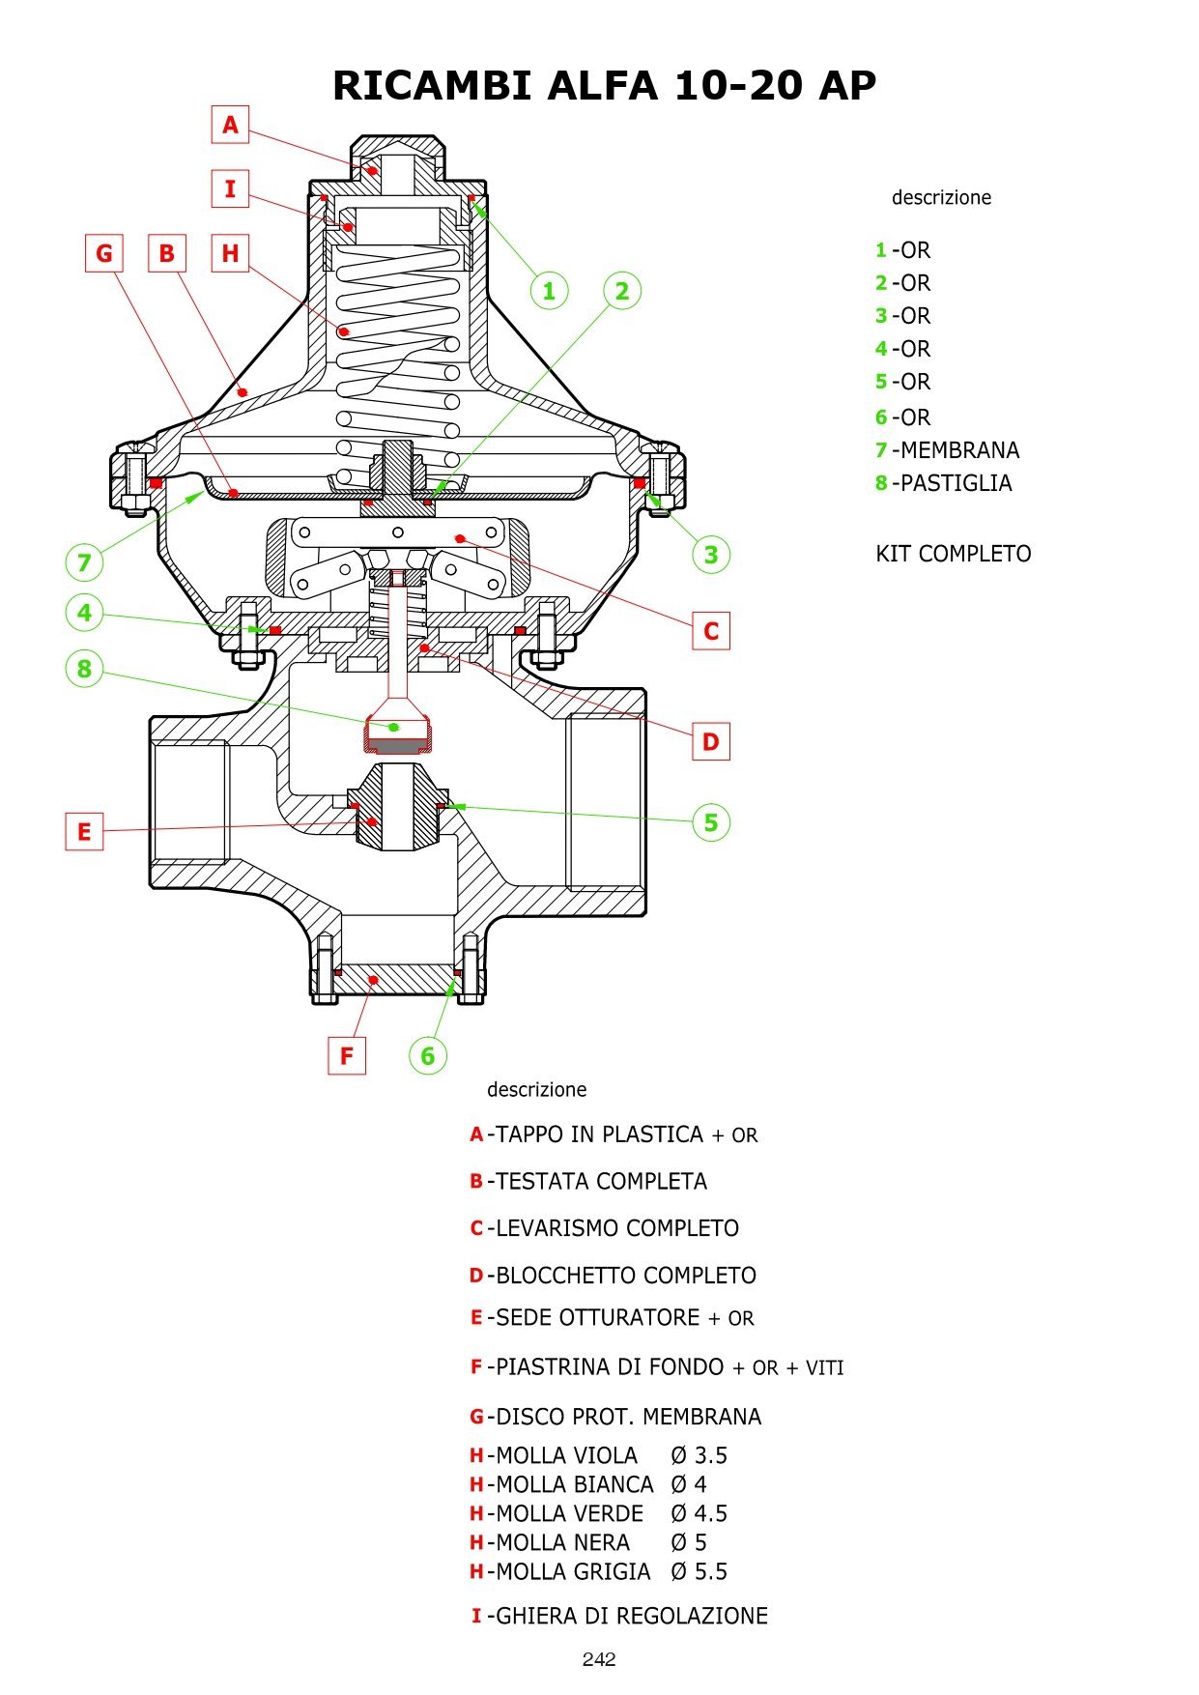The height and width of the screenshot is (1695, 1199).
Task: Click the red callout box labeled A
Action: click(x=230, y=125)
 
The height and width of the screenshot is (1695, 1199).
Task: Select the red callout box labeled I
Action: click(x=230, y=188)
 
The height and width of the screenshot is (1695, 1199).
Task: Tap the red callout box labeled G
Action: click(x=104, y=253)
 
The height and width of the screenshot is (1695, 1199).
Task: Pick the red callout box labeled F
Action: click(x=347, y=1055)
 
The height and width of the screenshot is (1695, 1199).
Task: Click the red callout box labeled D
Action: click(x=711, y=742)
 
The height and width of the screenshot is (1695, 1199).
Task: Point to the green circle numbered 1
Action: click(x=549, y=290)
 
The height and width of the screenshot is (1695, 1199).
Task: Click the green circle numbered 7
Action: click(x=85, y=561)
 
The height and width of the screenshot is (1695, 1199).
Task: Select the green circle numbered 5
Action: click(x=711, y=822)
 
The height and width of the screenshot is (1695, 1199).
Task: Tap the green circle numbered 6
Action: click(x=428, y=1055)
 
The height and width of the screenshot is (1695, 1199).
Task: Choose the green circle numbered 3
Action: click(x=711, y=555)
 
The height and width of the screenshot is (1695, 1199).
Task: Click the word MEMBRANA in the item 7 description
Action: click(x=959, y=450)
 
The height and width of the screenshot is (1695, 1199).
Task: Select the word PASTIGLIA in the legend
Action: click(x=956, y=483)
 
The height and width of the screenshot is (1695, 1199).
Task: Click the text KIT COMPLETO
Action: click(x=953, y=554)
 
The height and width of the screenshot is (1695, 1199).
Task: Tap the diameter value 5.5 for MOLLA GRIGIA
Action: click(x=710, y=1572)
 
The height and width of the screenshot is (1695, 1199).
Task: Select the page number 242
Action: click(x=599, y=1659)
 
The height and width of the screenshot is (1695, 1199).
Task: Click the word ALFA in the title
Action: click(x=602, y=85)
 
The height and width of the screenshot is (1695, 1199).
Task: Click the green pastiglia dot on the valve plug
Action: click(x=393, y=727)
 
